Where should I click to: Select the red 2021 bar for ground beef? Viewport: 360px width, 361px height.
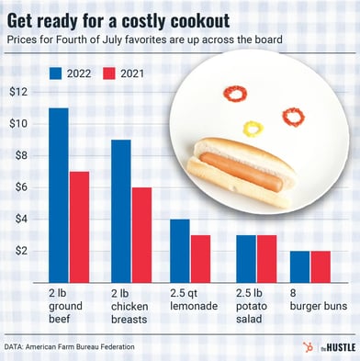tap(79, 227)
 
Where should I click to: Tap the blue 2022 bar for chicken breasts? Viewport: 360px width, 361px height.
tap(120, 211)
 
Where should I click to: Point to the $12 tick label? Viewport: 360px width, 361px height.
tap(19, 93)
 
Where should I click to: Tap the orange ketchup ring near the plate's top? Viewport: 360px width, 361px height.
tap(237, 94)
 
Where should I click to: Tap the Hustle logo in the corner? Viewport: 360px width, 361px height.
tap(326, 346)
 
